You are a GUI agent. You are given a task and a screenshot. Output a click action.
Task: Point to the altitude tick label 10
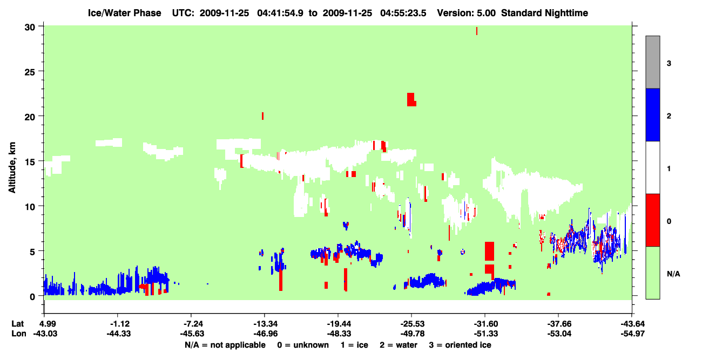pyautogui.click(x=30, y=207)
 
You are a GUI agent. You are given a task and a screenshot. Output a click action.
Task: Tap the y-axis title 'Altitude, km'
pyautogui.click(x=12, y=167)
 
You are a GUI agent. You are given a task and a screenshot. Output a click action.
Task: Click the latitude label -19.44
pyautogui.click(x=339, y=324)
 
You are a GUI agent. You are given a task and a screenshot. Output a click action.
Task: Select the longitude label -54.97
pyautogui.click(x=633, y=334)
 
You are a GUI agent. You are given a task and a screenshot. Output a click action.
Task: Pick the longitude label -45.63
pyautogui.click(x=192, y=334)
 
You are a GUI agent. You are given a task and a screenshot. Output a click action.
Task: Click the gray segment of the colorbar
pyautogui.click(x=652, y=62)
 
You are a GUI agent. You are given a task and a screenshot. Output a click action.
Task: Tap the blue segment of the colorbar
pyautogui.click(x=652, y=114)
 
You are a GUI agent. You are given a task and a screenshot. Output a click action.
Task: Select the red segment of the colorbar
pyautogui.click(x=652, y=220)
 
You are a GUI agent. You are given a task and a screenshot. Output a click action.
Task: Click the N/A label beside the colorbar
pyautogui.click(x=673, y=274)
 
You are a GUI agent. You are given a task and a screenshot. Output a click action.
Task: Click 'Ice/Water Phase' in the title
pyautogui.click(x=124, y=13)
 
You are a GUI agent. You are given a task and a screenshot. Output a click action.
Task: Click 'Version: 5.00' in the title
pyautogui.click(x=467, y=13)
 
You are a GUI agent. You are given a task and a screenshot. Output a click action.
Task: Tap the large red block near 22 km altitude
pyautogui.click(x=411, y=100)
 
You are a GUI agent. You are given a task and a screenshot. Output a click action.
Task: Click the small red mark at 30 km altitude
pyautogui.click(x=477, y=31)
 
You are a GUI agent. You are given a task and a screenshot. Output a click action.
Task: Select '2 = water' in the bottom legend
pyautogui.click(x=399, y=345)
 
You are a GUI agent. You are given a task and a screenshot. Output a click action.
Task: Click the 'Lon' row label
pyautogui.click(x=19, y=334)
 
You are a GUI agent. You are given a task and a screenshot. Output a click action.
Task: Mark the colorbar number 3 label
pyautogui.click(x=669, y=63)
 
